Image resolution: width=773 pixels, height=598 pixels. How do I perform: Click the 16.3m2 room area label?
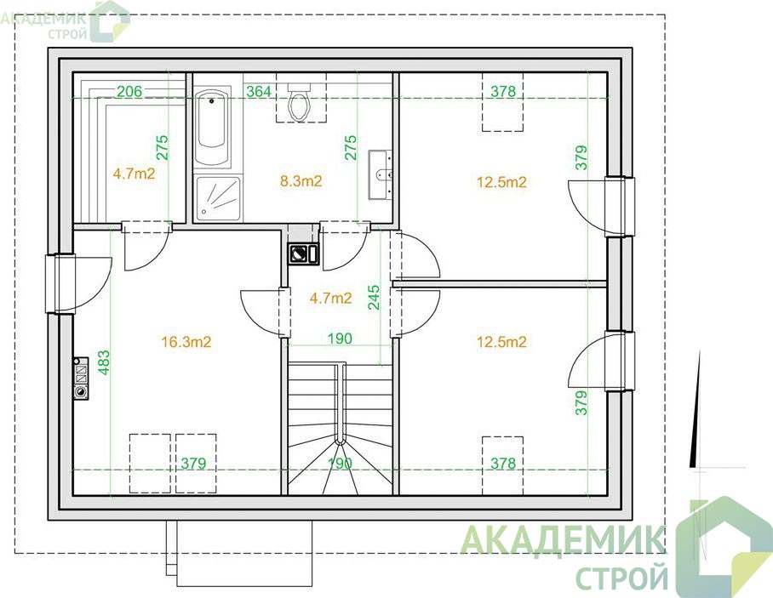(x=186, y=342)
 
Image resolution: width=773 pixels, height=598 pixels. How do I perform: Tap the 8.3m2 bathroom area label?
(x=301, y=181)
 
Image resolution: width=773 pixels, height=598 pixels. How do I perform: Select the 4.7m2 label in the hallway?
(x=331, y=298)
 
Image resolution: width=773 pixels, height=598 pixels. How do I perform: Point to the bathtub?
(x=213, y=128)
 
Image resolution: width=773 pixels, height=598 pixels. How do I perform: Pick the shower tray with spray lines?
(x=218, y=198)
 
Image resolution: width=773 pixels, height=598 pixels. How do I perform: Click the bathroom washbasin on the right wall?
(x=381, y=174)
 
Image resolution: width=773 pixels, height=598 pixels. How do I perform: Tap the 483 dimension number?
(x=104, y=362)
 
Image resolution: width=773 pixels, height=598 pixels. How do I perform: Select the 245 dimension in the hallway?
(x=374, y=297)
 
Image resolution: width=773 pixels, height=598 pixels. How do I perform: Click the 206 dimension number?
(x=129, y=91)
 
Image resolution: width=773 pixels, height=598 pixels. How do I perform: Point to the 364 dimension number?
(x=259, y=92)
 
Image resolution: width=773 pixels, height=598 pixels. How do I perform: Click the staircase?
(x=341, y=429)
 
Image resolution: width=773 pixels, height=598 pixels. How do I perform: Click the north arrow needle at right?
(x=696, y=409)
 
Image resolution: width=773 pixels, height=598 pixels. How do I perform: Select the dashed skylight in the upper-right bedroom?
(x=502, y=102)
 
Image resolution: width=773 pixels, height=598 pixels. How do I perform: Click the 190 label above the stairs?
(x=341, y=339)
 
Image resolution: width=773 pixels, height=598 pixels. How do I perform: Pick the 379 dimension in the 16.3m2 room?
(x=193, y=464)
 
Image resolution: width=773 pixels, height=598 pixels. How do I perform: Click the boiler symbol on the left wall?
(x=80, y=379)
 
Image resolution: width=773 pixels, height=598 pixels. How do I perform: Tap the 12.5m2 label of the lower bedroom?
(x=502, y=342)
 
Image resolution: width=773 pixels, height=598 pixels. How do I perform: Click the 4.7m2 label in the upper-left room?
(x=135, y=174)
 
